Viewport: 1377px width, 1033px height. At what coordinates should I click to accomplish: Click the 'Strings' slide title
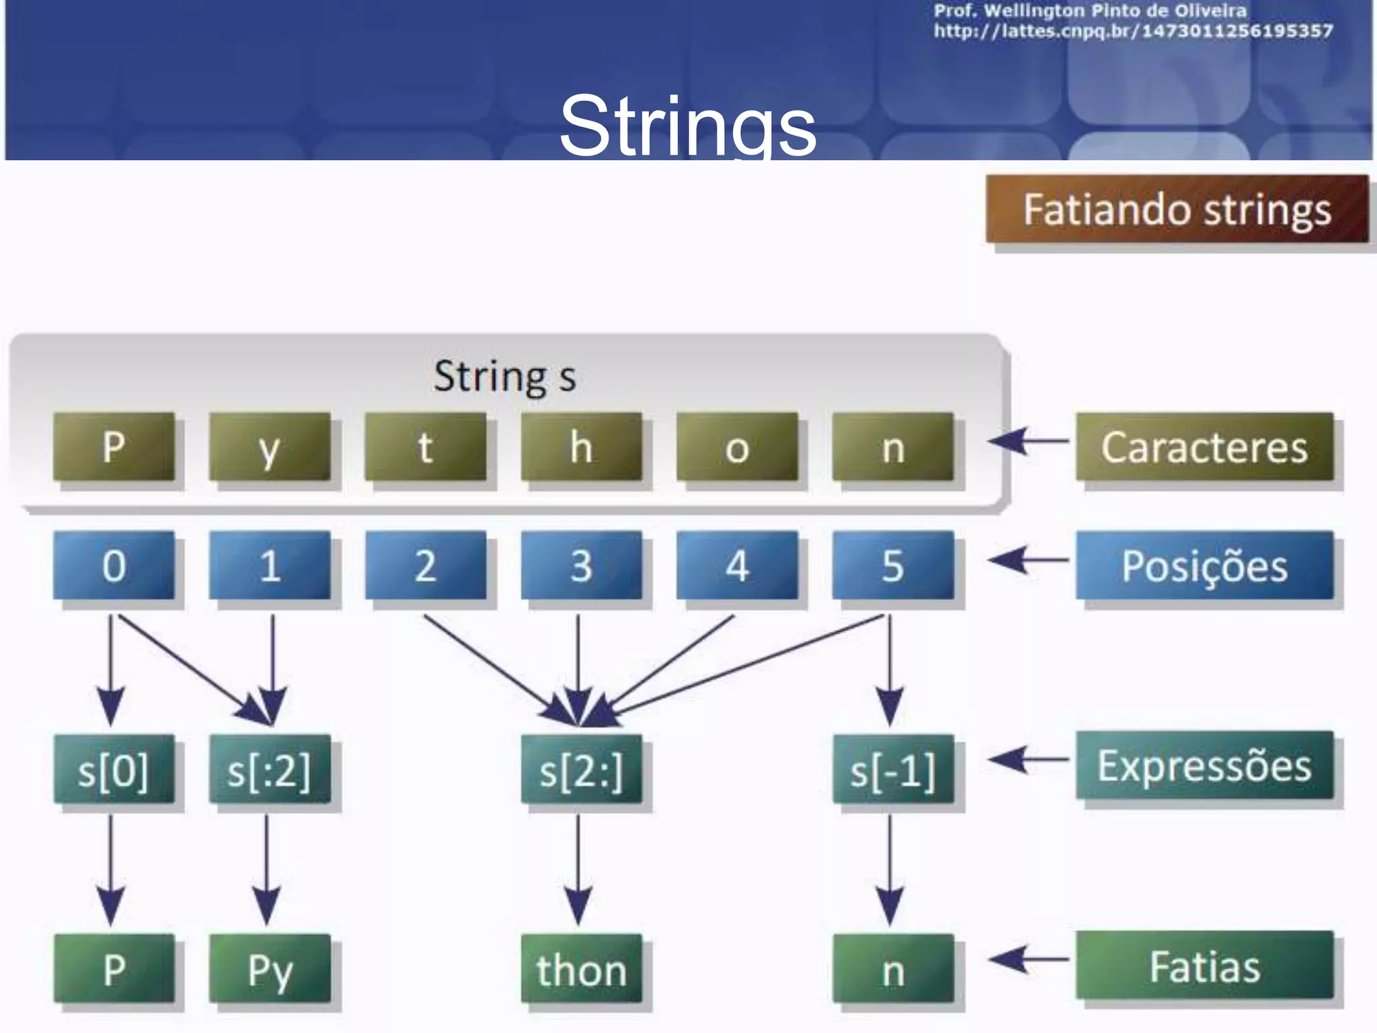687,126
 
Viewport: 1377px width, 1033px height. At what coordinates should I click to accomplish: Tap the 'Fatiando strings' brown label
1177,209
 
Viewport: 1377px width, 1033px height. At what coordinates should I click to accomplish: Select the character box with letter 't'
425,447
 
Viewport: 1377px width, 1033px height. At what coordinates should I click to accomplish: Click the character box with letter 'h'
581,447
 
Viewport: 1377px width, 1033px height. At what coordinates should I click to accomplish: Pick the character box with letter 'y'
269,447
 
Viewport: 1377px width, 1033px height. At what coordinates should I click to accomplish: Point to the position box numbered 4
737,565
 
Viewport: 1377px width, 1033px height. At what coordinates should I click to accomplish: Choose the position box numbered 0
114,565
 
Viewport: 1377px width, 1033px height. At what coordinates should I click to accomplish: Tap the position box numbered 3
581,565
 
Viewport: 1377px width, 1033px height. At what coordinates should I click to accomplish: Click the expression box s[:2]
269,769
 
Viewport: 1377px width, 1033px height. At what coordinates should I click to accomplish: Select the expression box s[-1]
892,769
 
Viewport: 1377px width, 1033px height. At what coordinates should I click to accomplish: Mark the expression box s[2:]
581,769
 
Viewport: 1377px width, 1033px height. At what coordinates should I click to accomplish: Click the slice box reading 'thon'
581,968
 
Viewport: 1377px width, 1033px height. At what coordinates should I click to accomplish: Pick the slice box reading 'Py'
269,968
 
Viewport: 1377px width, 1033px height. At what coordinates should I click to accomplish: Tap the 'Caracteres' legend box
1204,447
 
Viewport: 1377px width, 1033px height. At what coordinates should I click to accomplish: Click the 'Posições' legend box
1204,565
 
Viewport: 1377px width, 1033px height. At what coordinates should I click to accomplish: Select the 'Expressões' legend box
1204,765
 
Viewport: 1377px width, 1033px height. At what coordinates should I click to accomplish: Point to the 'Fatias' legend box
1204,966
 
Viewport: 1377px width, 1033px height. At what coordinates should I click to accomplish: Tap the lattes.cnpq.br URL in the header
1133,31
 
